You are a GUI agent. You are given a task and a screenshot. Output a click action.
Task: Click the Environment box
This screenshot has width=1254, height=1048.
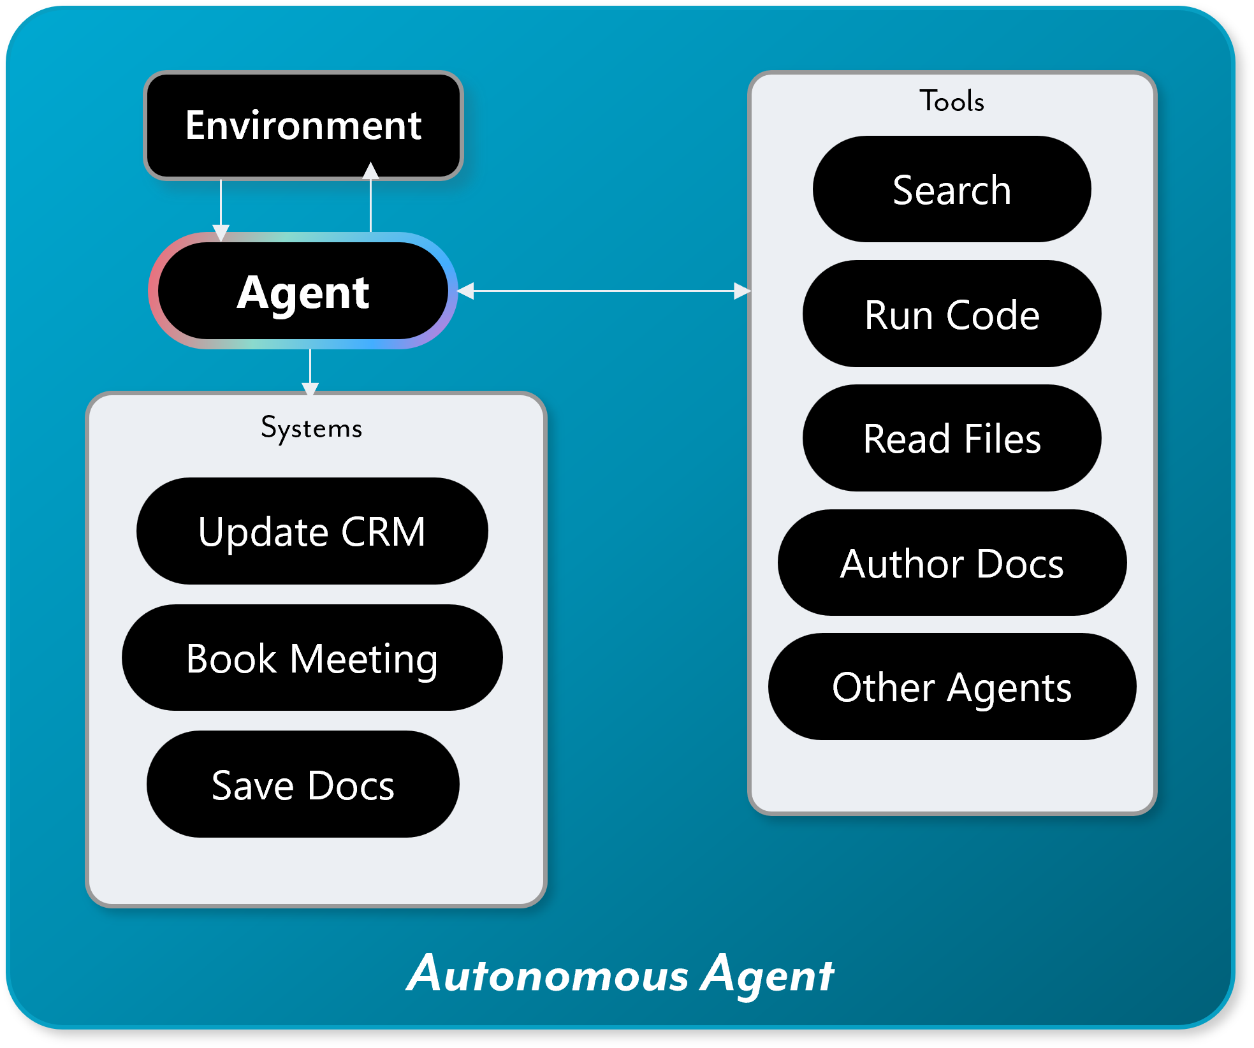(303, 125)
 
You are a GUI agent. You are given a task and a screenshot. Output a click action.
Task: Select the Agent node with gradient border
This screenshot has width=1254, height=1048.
(303, 291)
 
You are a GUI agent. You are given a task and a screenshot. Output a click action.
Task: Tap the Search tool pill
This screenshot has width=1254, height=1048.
(952, 189)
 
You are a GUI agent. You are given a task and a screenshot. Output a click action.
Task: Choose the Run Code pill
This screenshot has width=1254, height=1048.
(952, 314)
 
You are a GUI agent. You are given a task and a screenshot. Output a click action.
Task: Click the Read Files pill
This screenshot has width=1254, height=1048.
(952, 438)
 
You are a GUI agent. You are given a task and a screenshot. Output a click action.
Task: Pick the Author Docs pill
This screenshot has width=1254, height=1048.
(952, 562)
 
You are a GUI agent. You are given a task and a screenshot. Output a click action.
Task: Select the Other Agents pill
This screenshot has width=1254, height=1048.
(952, 687)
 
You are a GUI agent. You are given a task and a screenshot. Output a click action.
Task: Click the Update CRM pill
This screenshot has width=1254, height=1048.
(312, 531)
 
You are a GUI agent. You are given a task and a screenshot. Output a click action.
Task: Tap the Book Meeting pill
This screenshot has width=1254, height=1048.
(312, 657)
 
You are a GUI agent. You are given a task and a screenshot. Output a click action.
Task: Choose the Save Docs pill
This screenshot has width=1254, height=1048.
(303, 784)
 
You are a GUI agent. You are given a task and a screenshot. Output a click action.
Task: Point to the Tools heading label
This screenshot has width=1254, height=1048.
(952, 101)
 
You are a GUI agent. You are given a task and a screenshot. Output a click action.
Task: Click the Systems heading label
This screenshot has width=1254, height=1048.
(312, 428)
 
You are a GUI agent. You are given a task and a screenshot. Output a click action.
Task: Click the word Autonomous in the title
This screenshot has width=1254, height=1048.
(548, 974)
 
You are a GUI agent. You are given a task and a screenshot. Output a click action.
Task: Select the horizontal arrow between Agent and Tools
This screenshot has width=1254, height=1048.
(604, 291)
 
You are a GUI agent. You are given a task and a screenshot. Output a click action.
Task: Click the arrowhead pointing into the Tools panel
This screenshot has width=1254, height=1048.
(742, 291)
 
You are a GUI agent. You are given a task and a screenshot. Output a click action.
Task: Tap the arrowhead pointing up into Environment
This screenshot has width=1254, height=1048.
(370, 170)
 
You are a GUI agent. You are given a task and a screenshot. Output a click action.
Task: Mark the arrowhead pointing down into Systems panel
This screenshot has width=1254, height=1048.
(310, 389)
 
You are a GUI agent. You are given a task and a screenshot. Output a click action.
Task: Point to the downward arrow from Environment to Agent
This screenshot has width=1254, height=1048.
(221, 210)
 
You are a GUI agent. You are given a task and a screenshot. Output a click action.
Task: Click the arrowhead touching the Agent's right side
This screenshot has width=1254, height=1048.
(466, 291)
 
